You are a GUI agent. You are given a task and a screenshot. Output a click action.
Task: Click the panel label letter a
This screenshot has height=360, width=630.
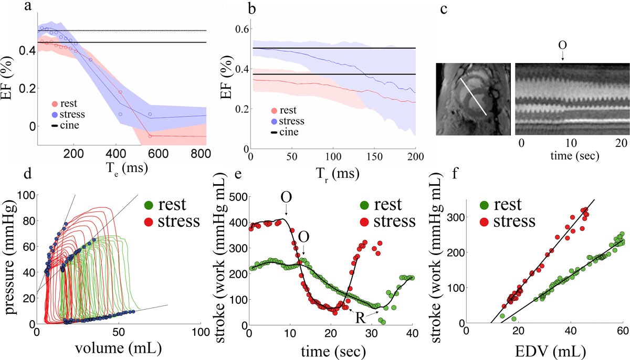point(27,6)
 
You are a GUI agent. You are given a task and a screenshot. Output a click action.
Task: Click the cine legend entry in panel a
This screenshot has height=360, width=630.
point(65,125)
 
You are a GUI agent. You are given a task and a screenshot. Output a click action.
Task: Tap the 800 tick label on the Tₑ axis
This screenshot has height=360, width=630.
point(199,154)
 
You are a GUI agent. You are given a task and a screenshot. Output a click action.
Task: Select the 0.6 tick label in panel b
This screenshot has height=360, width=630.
point(241,29)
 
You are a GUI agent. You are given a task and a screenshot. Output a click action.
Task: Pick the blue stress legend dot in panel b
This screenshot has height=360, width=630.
point(274,121)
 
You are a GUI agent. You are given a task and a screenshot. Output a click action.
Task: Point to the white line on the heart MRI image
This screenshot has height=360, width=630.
point(474,97)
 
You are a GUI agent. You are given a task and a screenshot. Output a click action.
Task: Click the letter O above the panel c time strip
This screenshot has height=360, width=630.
point(562,46)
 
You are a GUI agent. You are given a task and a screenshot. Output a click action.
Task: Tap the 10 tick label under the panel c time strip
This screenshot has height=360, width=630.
point(571,143)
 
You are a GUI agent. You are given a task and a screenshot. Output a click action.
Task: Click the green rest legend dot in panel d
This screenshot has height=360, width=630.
point(149,205)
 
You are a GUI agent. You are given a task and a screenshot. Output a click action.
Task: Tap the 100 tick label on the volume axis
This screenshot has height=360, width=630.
point(201,332)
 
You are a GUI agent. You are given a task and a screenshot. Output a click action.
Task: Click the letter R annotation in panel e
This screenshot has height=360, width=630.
point(360,318)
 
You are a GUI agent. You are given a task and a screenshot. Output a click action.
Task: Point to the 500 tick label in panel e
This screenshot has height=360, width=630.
point(238,197)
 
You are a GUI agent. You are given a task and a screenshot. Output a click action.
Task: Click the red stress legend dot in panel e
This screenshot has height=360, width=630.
point(364,222)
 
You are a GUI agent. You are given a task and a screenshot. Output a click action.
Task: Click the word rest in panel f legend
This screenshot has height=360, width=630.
point(508,205)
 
